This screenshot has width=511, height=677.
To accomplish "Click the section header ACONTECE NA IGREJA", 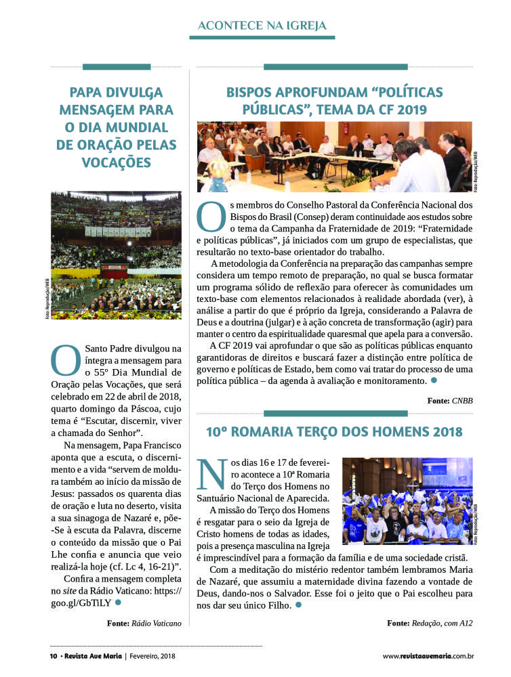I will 262,26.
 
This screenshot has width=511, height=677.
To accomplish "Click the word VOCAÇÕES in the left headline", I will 116,162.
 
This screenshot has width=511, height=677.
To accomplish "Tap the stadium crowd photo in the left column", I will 116,255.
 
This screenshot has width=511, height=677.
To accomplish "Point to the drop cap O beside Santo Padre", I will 66,361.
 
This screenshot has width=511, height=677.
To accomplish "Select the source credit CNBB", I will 459,401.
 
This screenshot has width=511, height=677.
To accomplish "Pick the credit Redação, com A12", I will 442,622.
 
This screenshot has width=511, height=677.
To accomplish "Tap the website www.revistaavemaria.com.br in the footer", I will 428,656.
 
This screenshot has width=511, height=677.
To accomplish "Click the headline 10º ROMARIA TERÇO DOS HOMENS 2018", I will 334,431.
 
